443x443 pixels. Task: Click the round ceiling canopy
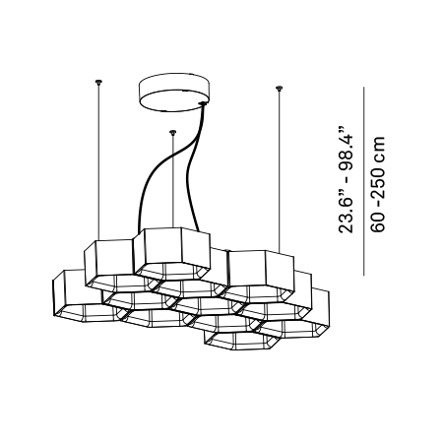point(174,93)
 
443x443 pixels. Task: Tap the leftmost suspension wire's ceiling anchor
point(98,82)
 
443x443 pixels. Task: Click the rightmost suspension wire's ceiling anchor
point(279,88)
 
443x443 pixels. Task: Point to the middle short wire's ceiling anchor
point(172,132)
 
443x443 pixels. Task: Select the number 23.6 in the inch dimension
point(346,215)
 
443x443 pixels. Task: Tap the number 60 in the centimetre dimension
point(378,222)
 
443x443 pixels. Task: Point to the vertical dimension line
point(363,181)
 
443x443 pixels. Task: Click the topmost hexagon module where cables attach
point(171,254)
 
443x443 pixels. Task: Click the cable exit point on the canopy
point(203,104)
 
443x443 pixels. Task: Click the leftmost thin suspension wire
point(98,161)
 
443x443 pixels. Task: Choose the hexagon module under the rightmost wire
point(260,277)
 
